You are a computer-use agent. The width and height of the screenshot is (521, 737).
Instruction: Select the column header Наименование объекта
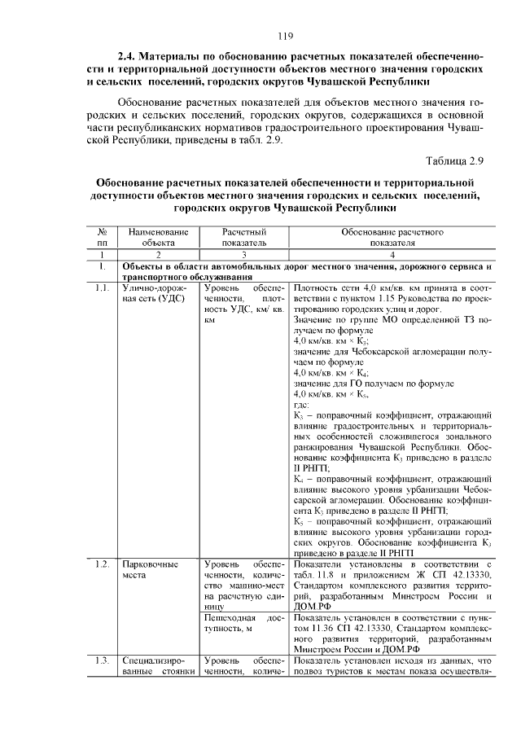point(158,237)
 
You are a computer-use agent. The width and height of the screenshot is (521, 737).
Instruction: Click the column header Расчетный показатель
point(244,237)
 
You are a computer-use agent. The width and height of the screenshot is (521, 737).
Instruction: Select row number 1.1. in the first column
point(101,288)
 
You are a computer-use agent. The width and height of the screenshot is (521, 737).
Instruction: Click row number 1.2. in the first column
point(101,564)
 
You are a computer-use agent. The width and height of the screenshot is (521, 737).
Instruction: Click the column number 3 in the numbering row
point(244,255)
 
